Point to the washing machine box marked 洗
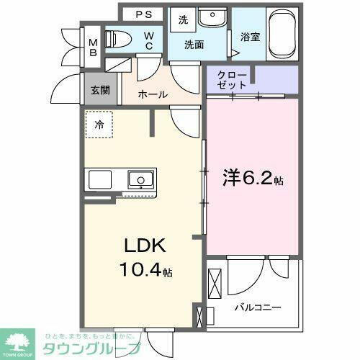click(x=183, y=21)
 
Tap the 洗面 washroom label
click(x=194, y=45)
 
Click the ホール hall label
click(x=152, y=94)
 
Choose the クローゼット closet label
click(x=232, y=78)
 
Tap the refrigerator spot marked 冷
click(x=99, y=124)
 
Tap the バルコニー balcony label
click(x=256, y=307)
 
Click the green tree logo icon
click(x=22, y=342)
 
